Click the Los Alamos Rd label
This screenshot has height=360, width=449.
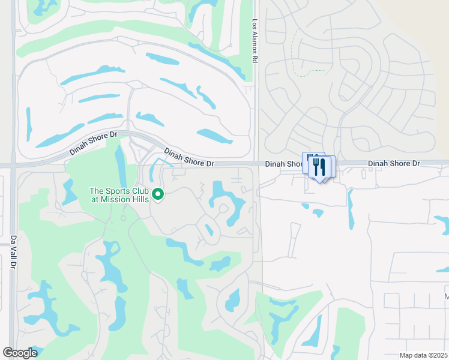255,40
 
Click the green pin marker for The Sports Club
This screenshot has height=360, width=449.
158,194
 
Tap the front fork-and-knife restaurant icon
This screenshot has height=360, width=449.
322,167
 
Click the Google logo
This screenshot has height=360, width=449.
20,353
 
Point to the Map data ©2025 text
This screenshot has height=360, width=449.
423,355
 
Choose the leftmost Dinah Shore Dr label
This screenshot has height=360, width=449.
93,143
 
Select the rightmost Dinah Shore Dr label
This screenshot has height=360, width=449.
394,163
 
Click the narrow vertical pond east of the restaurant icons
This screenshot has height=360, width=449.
351,209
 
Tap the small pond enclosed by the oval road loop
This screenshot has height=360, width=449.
209,230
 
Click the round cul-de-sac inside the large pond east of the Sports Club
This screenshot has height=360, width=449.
223,208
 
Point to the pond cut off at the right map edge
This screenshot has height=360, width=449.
443,224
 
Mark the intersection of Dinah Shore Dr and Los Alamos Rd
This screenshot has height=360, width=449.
256,163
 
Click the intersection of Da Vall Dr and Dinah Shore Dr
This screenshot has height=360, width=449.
13,165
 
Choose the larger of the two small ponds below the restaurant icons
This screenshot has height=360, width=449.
317,212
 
